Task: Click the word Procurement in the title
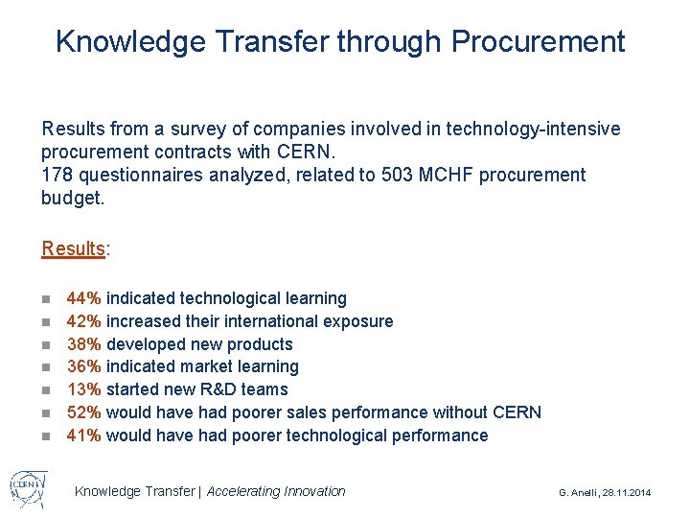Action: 538,41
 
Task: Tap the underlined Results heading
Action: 73,248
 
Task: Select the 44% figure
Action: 84,298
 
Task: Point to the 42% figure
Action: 84,321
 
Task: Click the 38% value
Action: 84,344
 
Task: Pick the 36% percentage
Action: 84,366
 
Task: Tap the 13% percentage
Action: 84,389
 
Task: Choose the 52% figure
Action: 84,412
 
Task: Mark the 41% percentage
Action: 84,436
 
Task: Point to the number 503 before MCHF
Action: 399,175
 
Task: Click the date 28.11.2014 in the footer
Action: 627,492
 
